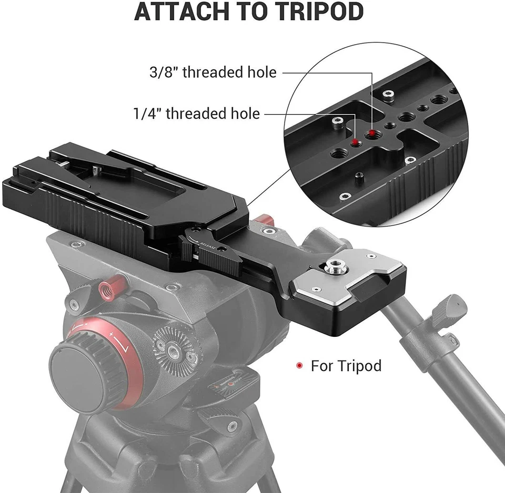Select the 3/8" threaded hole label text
point(213,72)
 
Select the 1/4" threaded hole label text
point(196,113)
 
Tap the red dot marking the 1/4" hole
point(356,142)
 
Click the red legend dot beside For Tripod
point(299,365)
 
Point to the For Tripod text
point(346,365)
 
